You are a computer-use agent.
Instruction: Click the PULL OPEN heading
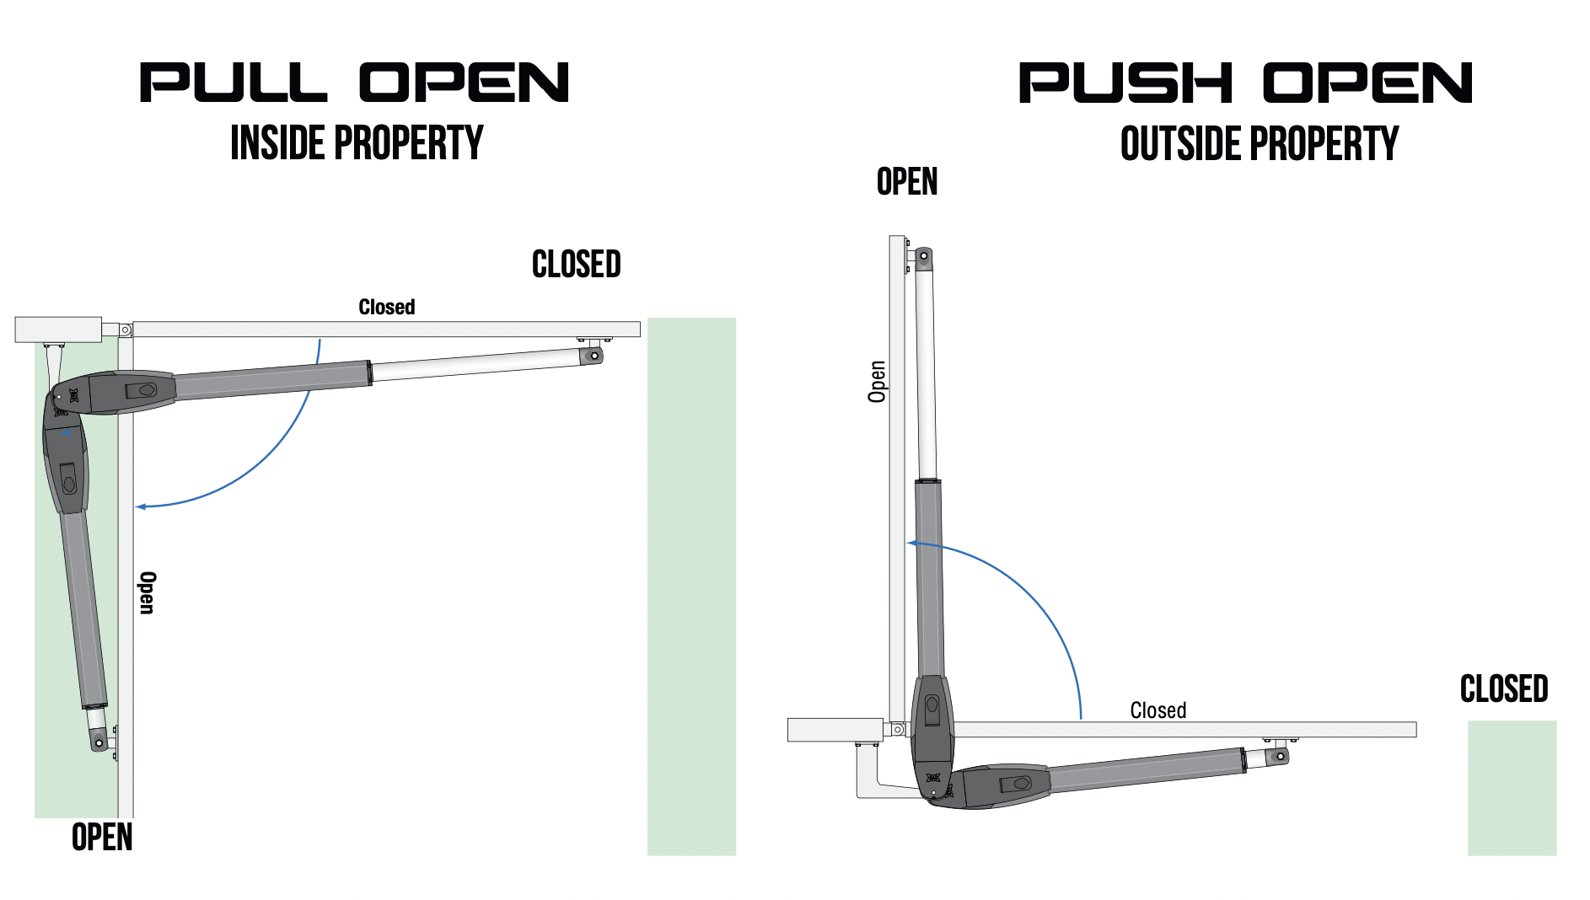click(x=354, y=83)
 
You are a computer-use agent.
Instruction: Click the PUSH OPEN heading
click(x=1245, y=83)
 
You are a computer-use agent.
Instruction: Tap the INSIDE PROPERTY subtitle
click(x=357, y=142)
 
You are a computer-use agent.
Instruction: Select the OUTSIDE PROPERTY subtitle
click(x=1259, y=143)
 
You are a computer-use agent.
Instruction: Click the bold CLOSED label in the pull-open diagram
click(x=577, y=265)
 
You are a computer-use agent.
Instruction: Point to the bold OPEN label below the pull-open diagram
click(x=102, y=837)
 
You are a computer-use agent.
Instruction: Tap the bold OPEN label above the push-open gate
click(x=907, y=182)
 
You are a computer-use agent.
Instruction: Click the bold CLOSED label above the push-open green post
click(x=1504, y=689)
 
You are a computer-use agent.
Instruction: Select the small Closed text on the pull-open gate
click(x=387, y=307)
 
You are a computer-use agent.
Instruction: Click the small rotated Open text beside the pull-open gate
click(x=148, y=592)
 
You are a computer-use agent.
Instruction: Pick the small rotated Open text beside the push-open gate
click(x=878, y=382)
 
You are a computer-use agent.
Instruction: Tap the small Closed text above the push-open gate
click(x=1158, y=710)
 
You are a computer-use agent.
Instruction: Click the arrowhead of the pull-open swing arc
click(x=141, y=506)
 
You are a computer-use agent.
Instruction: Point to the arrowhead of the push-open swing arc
click(x=912, y=543)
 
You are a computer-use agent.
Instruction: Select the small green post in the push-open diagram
click(x=1512, y=787)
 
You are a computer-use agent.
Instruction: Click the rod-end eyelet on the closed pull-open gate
click(x=594, y=356)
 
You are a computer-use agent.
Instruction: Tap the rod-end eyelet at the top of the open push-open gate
click(x=924, y=255)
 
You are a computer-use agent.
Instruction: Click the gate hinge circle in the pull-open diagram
click(x=125, y=329)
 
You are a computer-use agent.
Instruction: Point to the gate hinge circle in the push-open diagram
click(x=898, y=730)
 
